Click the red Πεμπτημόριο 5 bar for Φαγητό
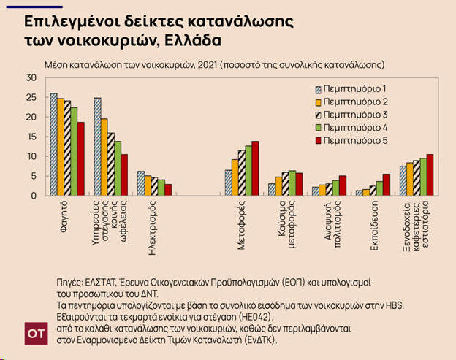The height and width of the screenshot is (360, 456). click(81, 158)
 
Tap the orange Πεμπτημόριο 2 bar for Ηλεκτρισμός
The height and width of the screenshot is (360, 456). click(148, 185)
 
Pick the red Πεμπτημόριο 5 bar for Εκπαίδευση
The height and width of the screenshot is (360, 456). click(387, 184)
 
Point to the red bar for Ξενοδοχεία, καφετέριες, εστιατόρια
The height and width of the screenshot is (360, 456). click(430, 175)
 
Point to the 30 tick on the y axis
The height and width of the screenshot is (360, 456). click(30, 77)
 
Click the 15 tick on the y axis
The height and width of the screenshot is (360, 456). click(30, 137)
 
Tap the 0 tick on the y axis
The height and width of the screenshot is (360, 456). click(32, 196)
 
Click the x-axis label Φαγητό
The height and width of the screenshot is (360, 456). click(64, 216)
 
